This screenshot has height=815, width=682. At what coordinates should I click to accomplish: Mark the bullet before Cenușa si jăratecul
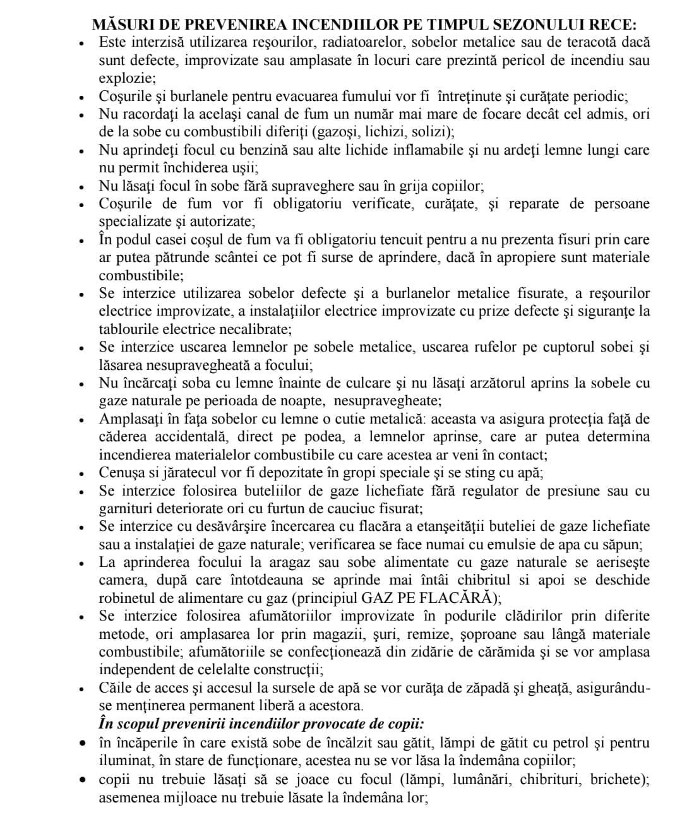pos(81,473)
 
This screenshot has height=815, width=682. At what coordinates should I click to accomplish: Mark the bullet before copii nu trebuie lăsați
pos(81,780)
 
